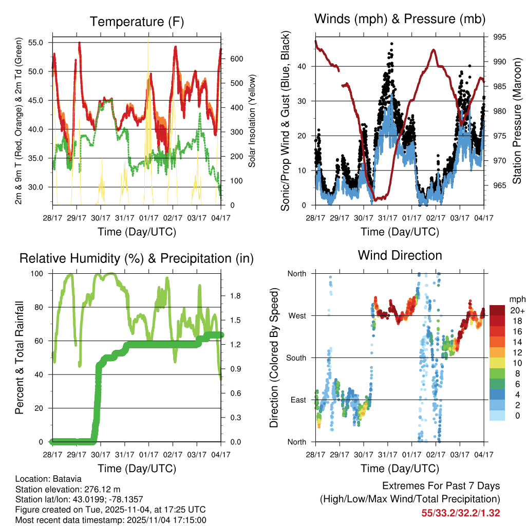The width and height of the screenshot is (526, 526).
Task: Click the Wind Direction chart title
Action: [400, 255]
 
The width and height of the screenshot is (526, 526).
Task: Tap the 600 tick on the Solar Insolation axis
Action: [236, 59]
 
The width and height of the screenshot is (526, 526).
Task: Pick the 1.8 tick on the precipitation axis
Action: [236, 296]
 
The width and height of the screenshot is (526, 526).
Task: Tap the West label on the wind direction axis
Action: [296, 315]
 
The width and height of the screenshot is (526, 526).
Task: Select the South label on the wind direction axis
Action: [295, 358]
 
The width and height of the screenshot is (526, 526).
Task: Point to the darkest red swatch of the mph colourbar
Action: [497, 310]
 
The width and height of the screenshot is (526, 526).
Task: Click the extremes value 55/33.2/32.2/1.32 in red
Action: [461, 513]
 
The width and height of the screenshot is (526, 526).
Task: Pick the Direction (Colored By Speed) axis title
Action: [274, 357]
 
